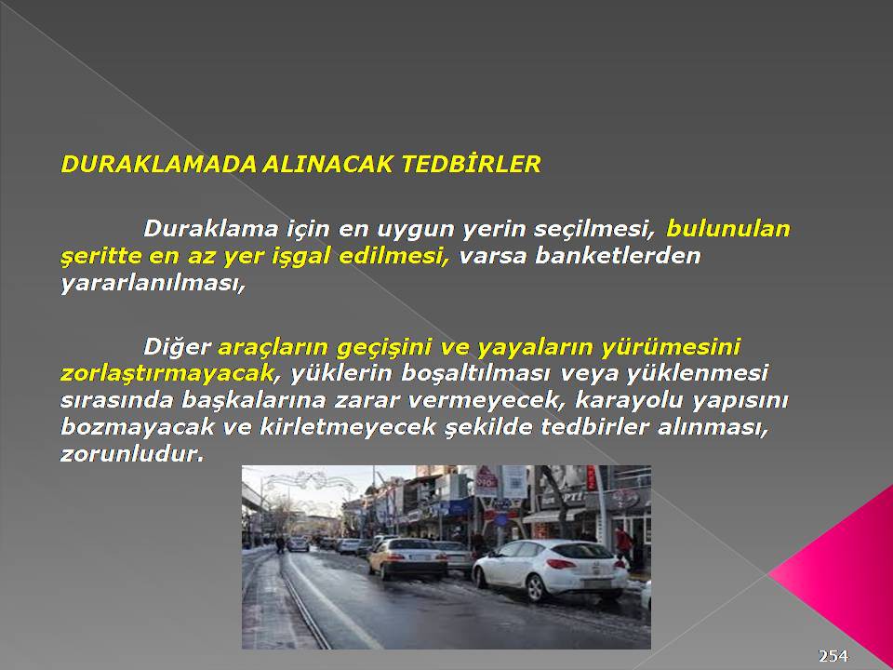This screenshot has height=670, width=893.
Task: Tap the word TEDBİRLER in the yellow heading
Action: pos(471,164)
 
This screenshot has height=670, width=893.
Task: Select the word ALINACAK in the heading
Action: pos(327,164)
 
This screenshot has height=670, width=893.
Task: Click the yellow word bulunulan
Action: pos(728,229)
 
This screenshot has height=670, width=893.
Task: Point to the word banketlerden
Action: pos(618,255)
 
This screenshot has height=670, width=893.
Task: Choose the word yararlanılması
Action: pos(153,283)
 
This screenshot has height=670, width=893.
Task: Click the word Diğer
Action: pos(177,346)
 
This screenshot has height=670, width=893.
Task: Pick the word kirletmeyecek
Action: pos(348,427)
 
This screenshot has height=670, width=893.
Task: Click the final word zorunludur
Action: pos(132,454)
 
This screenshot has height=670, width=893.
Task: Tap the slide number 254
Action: pos(833,656)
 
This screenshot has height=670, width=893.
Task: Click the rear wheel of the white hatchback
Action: pos(538,588)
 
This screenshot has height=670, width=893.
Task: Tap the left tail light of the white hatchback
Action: pos(562,564)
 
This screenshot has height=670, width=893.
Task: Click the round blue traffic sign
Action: pos(501,519)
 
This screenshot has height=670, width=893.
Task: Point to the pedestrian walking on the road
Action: pos(280,544)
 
